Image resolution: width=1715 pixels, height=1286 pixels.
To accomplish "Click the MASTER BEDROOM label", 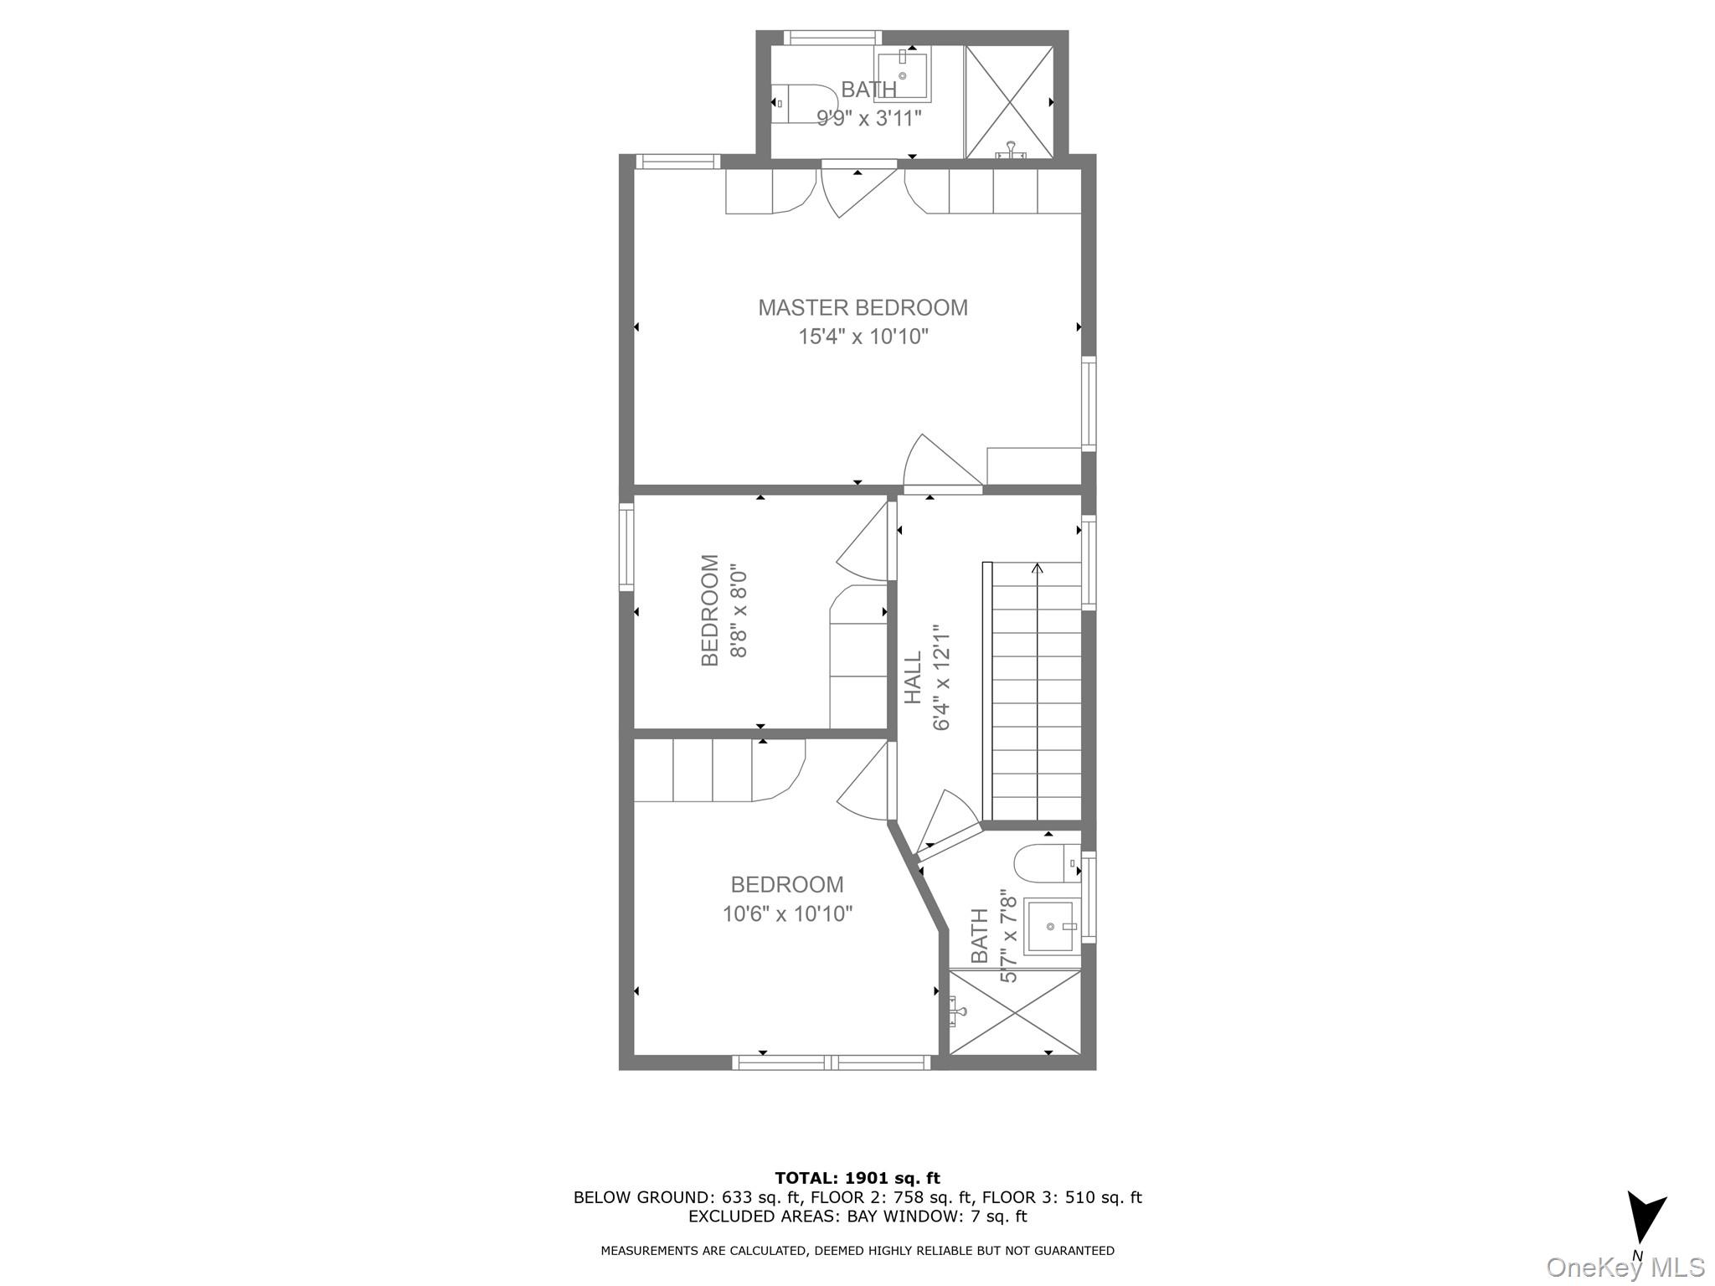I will [x=863, y=308].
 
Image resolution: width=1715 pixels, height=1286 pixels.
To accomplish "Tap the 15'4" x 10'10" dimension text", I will [x=863, y=337].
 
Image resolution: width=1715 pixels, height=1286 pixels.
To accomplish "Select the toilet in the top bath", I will [x=796, y=104].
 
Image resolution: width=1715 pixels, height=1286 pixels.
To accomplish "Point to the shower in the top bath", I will [x=1009, y=101].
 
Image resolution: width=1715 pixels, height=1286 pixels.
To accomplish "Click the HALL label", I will [x=913, y=678].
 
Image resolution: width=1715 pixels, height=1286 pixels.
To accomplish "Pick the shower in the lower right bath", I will [x=1015, y=1012].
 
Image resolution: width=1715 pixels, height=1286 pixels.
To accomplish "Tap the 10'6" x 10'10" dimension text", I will [x=787, y=913].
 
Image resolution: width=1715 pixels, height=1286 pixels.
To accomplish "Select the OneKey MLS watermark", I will [x=1625, y=1267].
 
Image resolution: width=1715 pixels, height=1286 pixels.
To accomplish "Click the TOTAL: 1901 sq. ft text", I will [x=857, y=1179].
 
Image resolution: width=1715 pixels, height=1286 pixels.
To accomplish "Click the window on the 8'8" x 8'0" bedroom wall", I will [x=626, y=546].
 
